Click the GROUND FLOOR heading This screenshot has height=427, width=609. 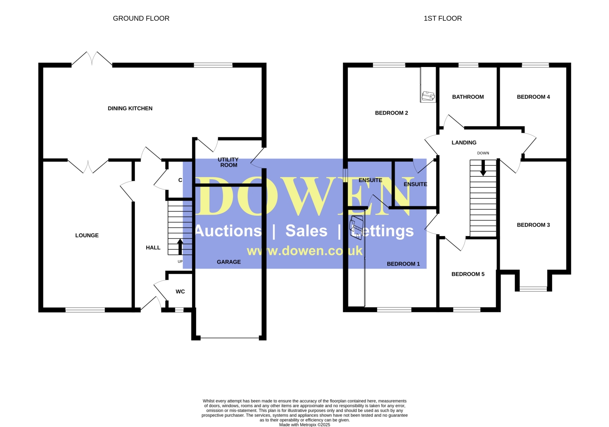click(141, 18)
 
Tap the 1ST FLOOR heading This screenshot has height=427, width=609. click(443, 18)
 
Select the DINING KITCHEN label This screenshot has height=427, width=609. click(130, 108)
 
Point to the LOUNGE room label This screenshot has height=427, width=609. click(87, 235)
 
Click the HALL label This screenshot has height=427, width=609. click(153, 248)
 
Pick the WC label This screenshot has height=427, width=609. click(180, 292)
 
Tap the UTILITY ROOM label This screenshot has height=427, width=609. click(228, 162)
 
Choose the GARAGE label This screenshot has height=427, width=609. click(229, 262)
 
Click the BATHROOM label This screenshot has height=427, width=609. click(468, 97)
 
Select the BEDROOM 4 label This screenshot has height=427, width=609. click(533, 97)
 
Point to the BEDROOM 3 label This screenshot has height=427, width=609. click(533, 225)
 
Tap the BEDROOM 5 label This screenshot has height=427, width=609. click(468, 274)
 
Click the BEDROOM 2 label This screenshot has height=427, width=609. click(391, 113)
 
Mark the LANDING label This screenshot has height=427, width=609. click(464, 143)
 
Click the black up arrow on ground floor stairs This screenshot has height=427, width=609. click(180, 247)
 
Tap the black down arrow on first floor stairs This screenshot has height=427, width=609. click(483, 168)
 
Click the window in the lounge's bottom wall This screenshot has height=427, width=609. click(85, 310)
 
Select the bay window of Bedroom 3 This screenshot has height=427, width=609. click(533, 289)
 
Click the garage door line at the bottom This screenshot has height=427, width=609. click(230, 338)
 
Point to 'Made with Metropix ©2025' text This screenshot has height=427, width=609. click(304, 425)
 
